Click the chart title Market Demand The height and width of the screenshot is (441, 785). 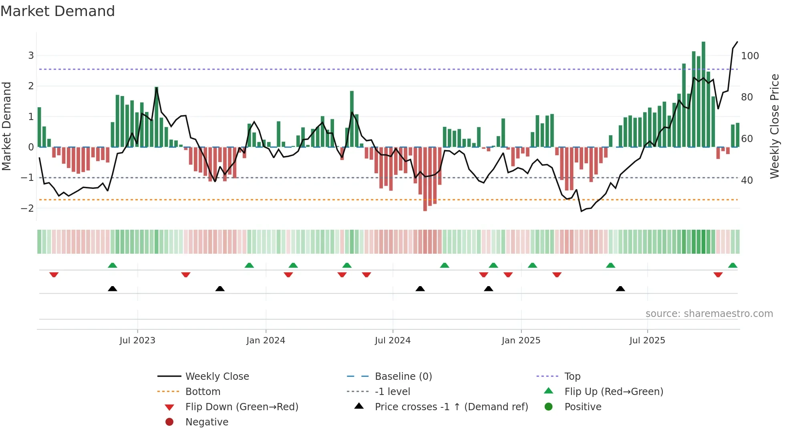58,11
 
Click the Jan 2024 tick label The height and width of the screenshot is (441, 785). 266,341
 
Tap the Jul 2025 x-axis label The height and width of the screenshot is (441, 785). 647,341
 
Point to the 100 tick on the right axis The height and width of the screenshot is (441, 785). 750,56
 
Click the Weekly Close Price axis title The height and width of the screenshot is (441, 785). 775,126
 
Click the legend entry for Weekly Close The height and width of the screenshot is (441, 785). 217,377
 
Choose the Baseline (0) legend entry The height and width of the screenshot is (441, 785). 403,377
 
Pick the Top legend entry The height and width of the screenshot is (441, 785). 572,377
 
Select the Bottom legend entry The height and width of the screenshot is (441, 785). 203,392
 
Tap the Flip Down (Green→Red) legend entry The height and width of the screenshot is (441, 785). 242,407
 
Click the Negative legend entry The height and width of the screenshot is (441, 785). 207,422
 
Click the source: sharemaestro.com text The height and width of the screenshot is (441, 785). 709,314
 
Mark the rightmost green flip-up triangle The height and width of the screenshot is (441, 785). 733,265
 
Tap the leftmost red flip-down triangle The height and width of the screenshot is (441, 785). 54,275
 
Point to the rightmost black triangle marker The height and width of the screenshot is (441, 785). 620,289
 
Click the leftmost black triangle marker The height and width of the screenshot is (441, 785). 113,289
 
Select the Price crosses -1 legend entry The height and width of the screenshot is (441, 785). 451,407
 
